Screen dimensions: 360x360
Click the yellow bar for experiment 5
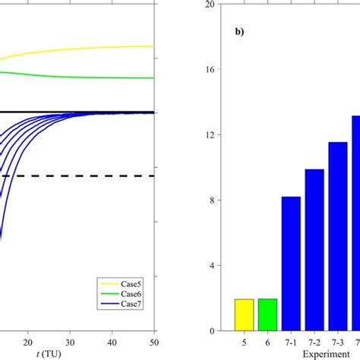pyautogui.click(x=244, y=315)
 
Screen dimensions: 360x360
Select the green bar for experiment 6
pyautogui.click(x=267, y=315)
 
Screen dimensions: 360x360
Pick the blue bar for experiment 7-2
pyautogui.click(x=314, y=250)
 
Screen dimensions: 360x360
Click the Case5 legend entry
pyautogui.click(x=121, y=283)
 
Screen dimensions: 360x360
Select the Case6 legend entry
pyautogui.click(x=121, y=293)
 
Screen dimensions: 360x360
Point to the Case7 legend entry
pyautogui.click(x=121, y=304)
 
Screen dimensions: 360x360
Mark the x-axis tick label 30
pyautogui.click(x=70, y=341)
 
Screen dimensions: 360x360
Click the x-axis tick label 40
pyautogui.click(x=112, y=341)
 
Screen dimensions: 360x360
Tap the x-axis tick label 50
pyautogui.click(x=153, y=341)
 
